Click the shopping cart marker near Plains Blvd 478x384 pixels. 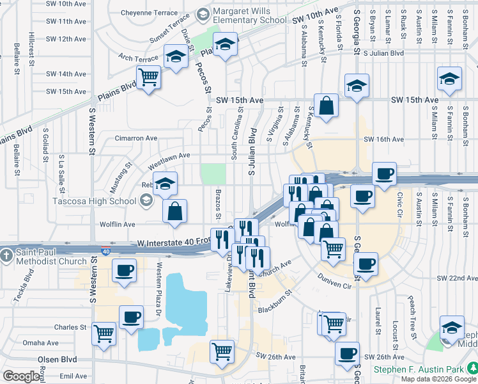pyautogui.click(x=149, y=78)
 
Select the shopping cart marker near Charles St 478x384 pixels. pyautogui.click(x=104, y=333)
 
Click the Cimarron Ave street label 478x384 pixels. pyautogui.click(x=135, y=138)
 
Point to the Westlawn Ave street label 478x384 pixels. pyautogui.click(x=169, y=156)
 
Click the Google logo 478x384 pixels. pyautogui.click(x=21, y=376)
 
